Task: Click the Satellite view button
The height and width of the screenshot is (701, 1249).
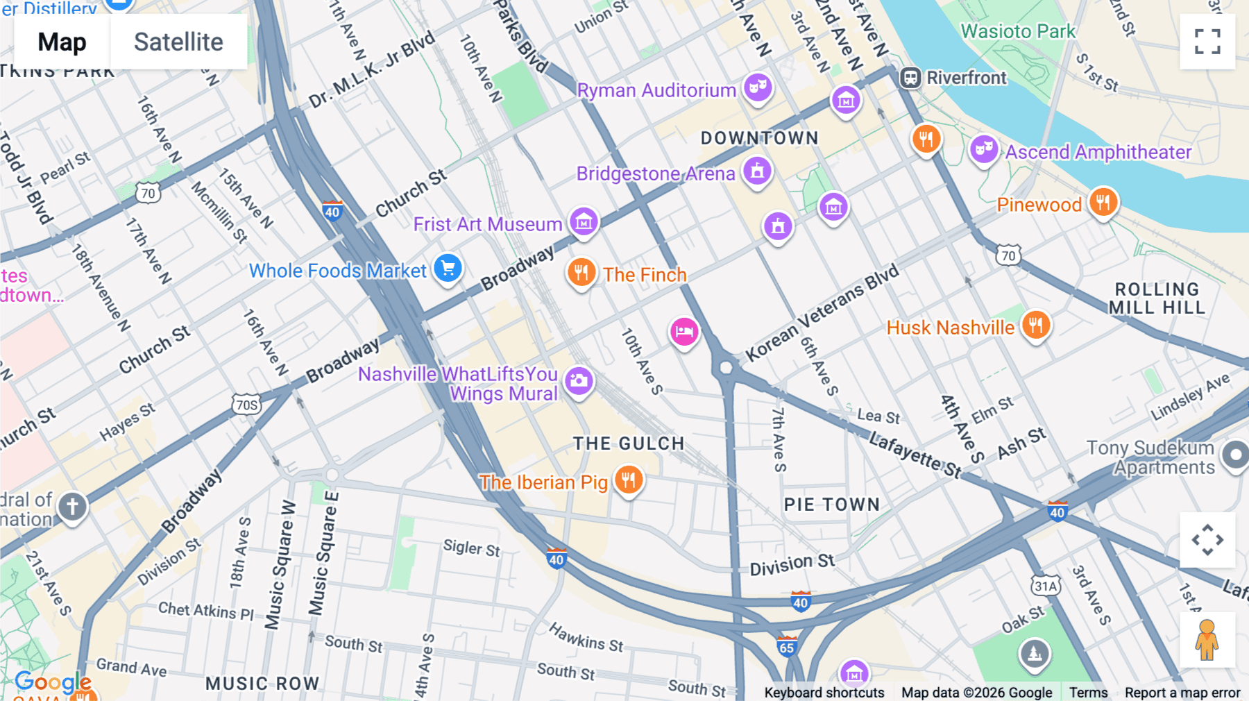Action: tap(178, 42)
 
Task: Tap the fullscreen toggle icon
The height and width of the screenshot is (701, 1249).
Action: tap(1207, 42)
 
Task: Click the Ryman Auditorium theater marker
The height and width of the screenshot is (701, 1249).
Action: tap(758, 87)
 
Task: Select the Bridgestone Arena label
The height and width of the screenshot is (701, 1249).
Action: tap(655, 174)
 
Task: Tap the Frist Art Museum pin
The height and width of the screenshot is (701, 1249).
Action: tap(584, 222)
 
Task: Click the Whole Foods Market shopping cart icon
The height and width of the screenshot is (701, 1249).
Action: tap(448, 268)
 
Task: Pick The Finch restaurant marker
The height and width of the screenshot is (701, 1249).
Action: tap(581, 272)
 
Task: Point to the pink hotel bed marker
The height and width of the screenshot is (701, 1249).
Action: tap(683, 332)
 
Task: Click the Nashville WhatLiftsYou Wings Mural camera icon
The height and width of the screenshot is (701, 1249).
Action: tap(578, 380)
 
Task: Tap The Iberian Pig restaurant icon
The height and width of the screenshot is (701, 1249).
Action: tap(629, 480)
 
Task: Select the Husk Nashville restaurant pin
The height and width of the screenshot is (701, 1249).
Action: tap(1035, 325)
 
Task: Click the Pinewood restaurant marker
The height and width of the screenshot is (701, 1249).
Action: tap(1103, 203)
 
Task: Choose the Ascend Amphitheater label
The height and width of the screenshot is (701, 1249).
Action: tap(1098, 152)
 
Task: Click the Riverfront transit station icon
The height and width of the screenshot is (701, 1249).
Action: tap(910, 78)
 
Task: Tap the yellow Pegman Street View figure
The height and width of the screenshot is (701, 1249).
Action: tap(1207, 640)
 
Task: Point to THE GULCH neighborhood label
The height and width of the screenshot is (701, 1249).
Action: tap(629, 444)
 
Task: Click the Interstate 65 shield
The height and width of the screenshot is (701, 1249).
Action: tap(786, 647)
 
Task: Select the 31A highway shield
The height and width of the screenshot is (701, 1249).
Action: tap(1046, 586)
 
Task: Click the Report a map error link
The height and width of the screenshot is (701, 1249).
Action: tap(1182, 692)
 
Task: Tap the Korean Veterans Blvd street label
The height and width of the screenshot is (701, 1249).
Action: tap(822, 314)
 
